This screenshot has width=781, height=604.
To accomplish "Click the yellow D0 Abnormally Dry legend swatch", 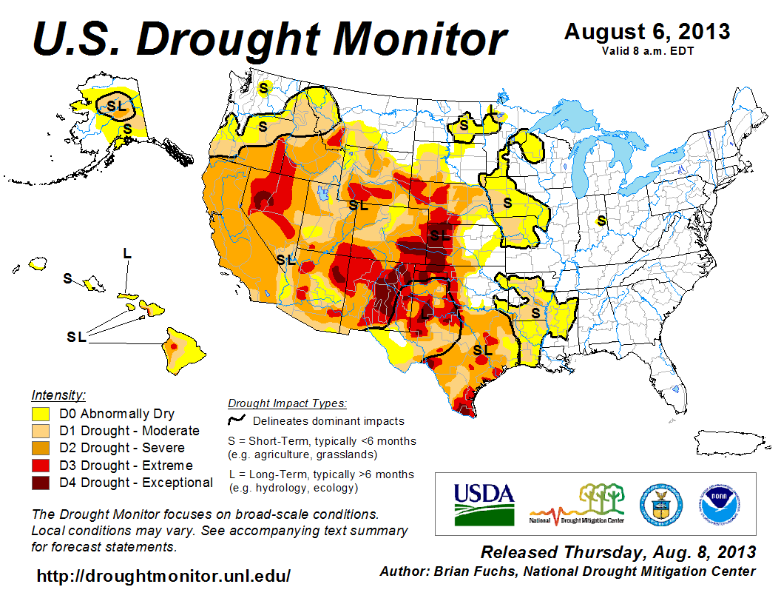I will pos(41,414).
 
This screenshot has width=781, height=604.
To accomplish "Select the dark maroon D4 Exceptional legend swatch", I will pos(41,483).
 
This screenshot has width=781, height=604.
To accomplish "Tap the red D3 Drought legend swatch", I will pos(41,466).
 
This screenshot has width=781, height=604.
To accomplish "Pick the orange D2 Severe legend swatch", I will pos(41,448).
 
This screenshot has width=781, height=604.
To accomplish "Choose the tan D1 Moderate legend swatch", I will pos(41,431).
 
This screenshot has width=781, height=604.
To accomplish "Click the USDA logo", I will pos(484,503).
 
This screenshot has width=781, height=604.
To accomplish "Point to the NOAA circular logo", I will pos(715,503).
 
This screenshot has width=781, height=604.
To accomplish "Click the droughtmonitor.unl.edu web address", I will pos(163,576).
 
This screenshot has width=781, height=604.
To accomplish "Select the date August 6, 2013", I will pos(646,32).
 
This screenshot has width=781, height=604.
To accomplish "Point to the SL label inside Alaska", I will pos(116,106).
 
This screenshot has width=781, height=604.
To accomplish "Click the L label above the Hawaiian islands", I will pos(127,254).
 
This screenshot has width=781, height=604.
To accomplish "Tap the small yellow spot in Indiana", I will pos(601,220).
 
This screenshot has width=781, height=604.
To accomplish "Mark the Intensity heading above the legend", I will pos(58,395).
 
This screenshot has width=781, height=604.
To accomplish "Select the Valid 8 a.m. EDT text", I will pos(647,50).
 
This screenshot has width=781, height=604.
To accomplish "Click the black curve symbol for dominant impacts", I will pos(237,420).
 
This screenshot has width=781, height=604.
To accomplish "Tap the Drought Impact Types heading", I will pos(287,403).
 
